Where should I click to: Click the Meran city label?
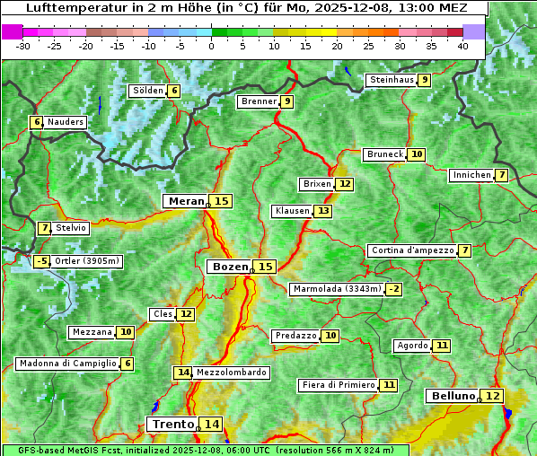[x=186, y=201]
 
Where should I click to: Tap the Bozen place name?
[x=230, y=267]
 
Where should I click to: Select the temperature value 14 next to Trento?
[x=211, y=424]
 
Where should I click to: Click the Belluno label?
[x=453, y=396]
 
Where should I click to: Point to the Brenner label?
[x=260, y=101]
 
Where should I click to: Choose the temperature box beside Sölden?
[x=174, y=91]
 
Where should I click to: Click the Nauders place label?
[x=66, y=122]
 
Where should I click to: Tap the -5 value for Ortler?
[x=41, y=261]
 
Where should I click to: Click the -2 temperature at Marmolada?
[x=393, y=289]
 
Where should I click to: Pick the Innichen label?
[x=472, y=175]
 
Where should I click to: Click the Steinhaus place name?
[x=392, y=80]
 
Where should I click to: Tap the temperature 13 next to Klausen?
[x=323, y=211]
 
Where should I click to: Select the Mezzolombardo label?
[x=231, y=372]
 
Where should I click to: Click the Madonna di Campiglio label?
[x=67, y=364]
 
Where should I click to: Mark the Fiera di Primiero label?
[x=339, y=385]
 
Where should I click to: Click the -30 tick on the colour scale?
[x=23, y=46]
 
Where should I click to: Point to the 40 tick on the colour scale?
[x=462, y=46]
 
